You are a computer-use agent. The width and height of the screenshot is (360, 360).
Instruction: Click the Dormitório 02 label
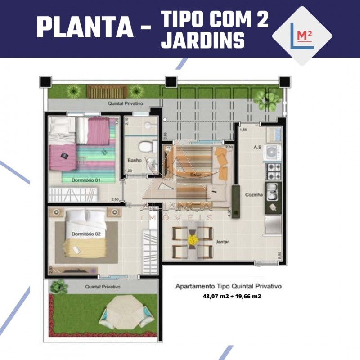point(85,234)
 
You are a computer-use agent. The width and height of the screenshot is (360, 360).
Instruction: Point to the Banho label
point(135,160)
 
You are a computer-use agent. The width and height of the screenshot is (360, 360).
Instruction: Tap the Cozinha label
point(253,195)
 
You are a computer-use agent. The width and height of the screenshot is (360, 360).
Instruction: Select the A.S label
point(258,147)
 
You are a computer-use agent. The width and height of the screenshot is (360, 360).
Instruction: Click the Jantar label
point(222,242)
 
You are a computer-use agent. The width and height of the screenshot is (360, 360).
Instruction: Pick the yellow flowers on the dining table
point(193,240)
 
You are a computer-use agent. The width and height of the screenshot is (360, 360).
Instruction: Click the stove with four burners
point(274,171)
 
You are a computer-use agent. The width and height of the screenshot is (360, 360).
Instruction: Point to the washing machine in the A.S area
point(273,152)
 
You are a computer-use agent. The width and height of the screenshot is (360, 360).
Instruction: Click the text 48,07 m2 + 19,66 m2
point(232,296)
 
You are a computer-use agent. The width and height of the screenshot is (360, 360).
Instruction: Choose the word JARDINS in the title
point(203,40)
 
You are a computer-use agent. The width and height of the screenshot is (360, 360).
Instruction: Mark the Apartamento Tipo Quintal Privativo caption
point(228,286)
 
